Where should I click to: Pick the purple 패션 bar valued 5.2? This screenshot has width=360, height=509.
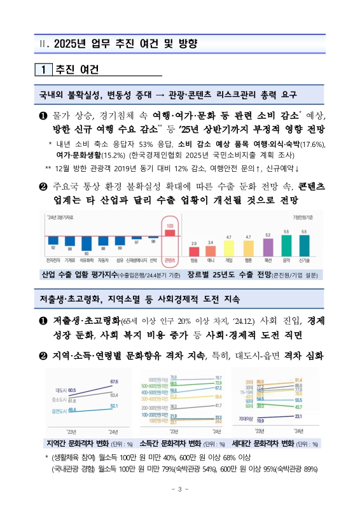[x=268, y=247]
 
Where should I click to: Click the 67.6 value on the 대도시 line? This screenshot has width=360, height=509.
[x=114, y=381]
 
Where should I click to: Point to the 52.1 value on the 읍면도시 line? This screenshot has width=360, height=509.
[x=114, y=405]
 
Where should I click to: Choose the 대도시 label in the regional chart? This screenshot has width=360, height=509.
[x=62, y=389]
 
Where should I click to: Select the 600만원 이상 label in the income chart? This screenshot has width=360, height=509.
[x=158, y=378]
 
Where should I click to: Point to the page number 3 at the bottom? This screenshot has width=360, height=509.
[x=179, y=489]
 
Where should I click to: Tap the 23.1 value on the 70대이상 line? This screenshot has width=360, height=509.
[x=298, y=415]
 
